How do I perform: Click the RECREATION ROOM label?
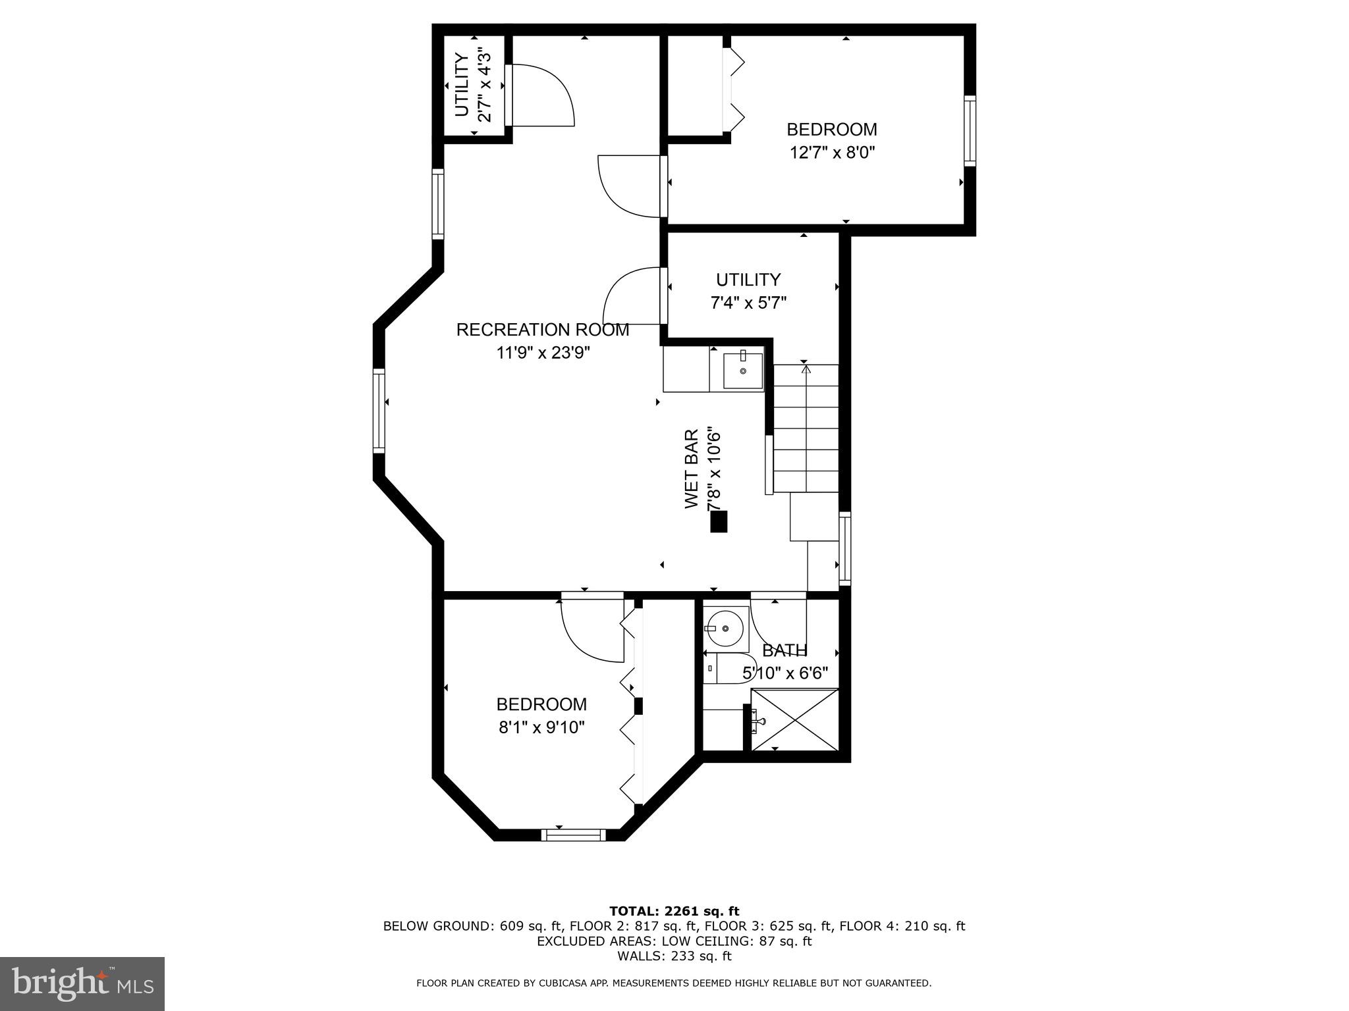point(542,330)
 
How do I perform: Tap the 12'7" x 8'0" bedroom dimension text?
point(832,153)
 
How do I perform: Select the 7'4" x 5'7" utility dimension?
point(748,303)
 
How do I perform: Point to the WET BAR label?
point(691,469)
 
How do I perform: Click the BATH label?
point(785,650)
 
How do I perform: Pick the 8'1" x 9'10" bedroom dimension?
point(541,727)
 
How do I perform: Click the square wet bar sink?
point(743,371)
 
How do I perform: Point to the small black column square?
point(719,521)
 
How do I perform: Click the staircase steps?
point(805,428)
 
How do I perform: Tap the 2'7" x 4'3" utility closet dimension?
point(484,85)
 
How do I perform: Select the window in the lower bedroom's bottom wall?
point(573,835)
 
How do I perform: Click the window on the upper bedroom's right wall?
point(970,130)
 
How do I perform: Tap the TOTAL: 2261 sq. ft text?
point(674,911)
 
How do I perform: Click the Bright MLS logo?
point(82,983)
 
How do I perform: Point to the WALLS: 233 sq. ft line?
point(674,956)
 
